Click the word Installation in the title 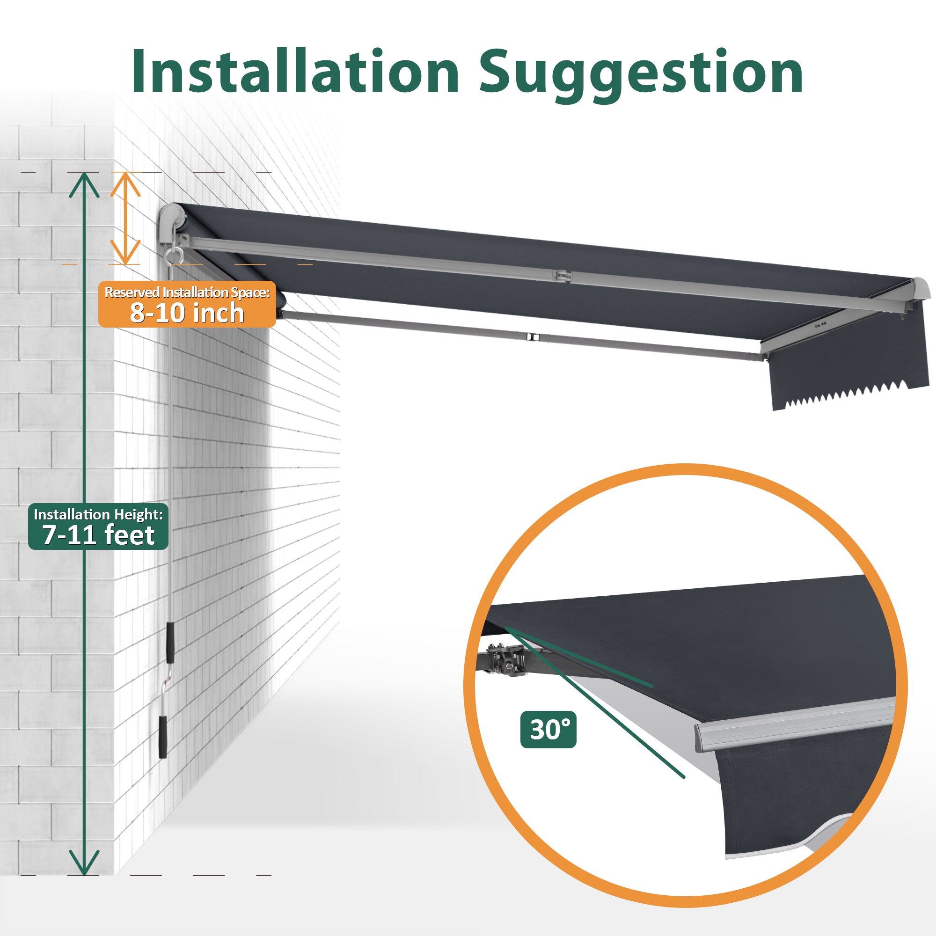click(295, 71)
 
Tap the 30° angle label click(548, 730)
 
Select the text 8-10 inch click(187, 313)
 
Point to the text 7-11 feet click(98, 535)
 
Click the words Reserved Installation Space click(187, 292)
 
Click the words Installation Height click(98, 514)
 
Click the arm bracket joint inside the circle click(508, 659)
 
